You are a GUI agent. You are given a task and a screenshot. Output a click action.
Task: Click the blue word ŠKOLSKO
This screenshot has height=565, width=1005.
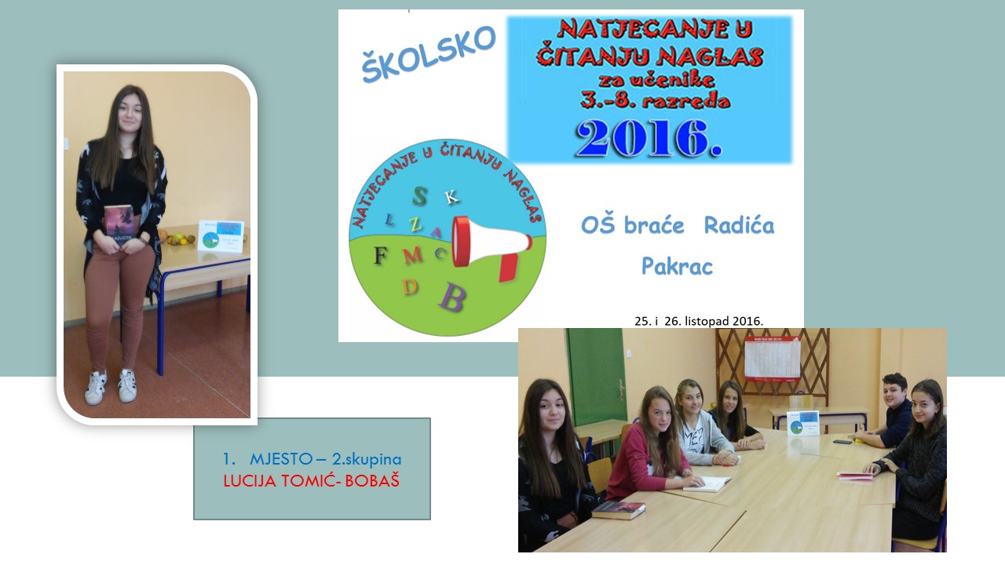coord(429,54)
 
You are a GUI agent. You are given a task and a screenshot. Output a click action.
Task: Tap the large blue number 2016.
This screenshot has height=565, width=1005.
coord(649,139)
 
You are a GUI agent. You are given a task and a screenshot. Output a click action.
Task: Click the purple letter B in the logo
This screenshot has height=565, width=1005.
coord(452,297)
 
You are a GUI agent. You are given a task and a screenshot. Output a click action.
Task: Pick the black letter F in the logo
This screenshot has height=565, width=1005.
coord(381,256)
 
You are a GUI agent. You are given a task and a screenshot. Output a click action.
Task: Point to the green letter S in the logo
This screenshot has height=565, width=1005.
coord(419,196)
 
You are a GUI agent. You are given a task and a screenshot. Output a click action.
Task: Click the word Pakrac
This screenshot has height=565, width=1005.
coord(677,266)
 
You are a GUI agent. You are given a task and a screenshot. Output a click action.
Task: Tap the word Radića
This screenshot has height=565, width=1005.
coord(739,224)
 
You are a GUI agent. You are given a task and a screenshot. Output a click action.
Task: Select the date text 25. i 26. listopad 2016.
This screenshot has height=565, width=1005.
coord(699,321)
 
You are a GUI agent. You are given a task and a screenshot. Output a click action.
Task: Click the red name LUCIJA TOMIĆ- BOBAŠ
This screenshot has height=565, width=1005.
coord(312,481)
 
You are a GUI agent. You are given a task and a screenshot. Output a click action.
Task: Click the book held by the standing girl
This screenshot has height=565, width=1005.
coord(119,225)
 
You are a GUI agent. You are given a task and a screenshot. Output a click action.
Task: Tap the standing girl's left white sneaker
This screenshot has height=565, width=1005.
coord(96,388)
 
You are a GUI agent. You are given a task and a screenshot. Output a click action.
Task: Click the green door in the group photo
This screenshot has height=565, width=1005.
coord(594,377)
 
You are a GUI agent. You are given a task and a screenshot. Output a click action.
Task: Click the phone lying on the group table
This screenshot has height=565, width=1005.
coord(842,442)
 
